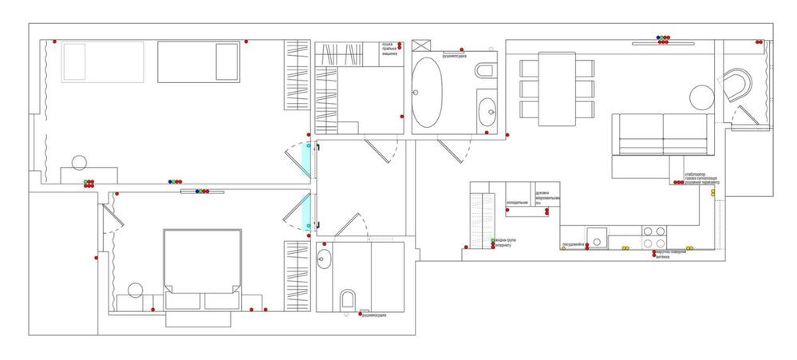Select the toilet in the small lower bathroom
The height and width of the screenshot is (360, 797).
pyautogui.click(x=347, y=300)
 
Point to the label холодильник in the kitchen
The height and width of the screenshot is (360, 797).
pyautogui.click(x=517, y=203)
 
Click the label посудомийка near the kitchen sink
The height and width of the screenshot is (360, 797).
pyautogui.click(x=576, y=243)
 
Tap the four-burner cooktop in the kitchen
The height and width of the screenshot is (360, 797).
pyautogui.click(x=654, y=237)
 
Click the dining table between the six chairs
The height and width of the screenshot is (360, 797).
pyautogui.click(x=556, y=88)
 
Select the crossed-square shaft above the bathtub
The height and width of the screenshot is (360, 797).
pyautogui.click(x=422, y=45)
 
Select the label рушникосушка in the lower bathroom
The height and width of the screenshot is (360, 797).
pyautogui.click(x=373, y=316)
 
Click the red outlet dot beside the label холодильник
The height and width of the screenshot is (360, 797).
pyautogui.click(x=507, y=212)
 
